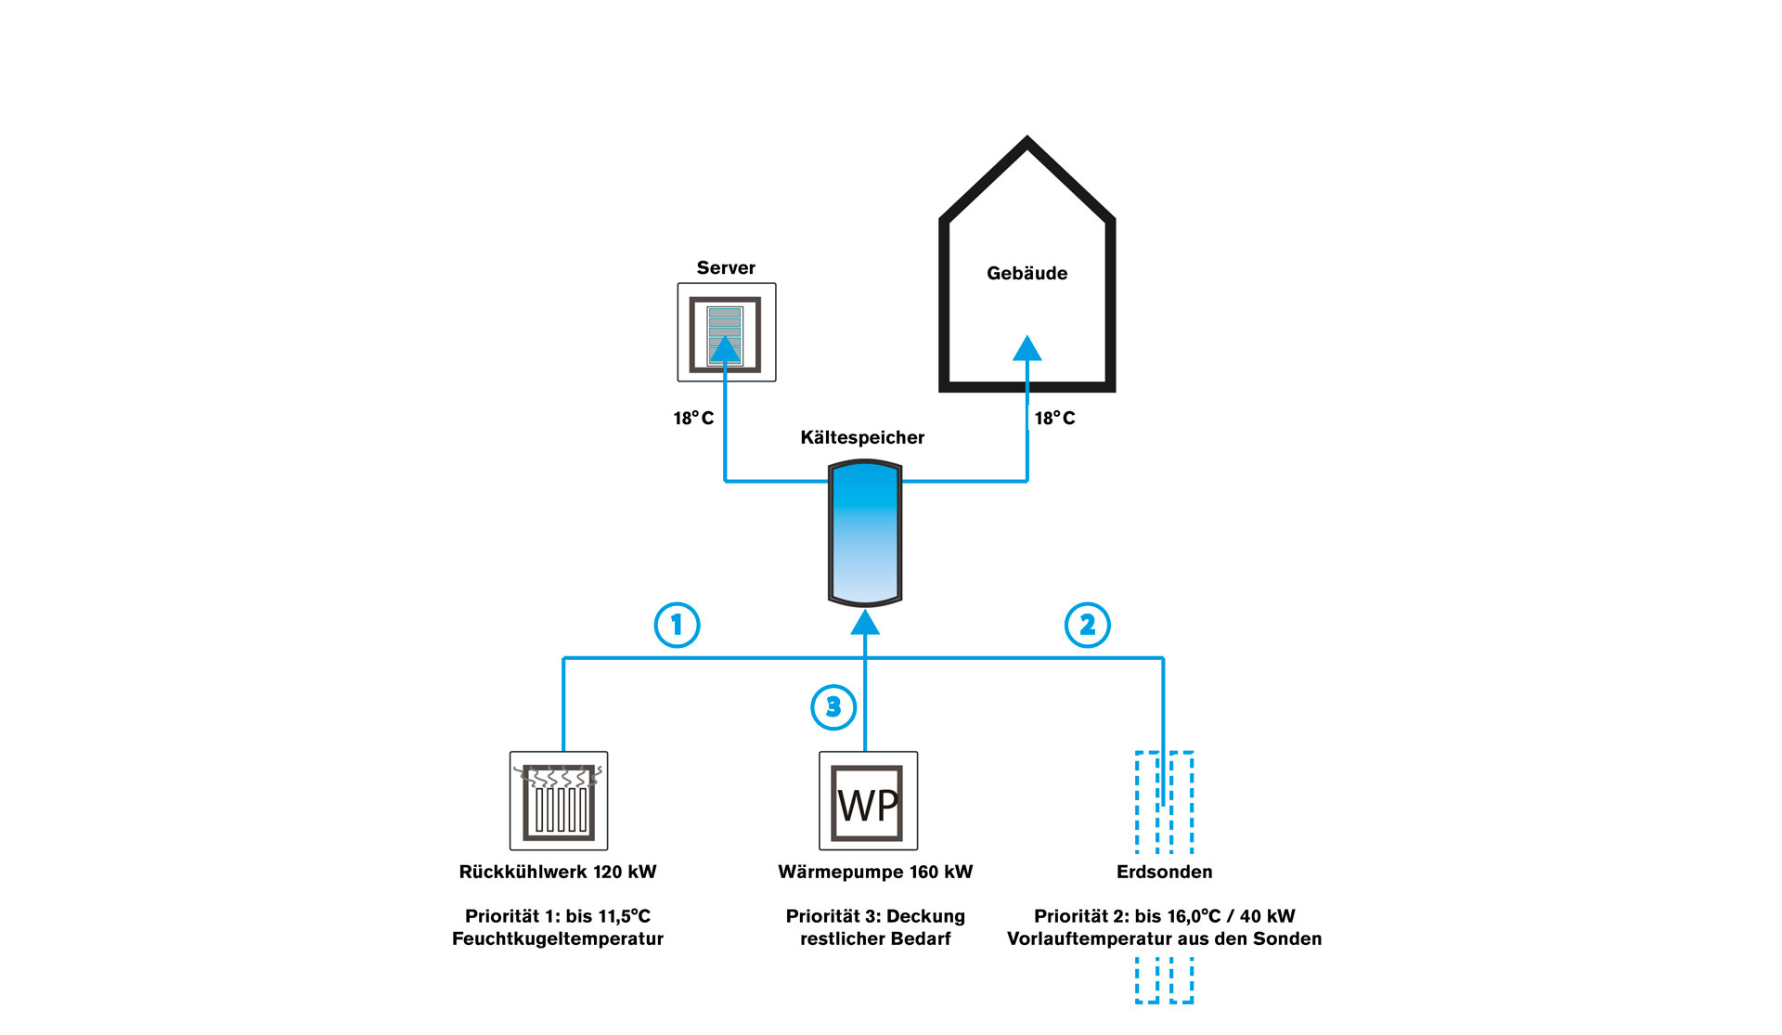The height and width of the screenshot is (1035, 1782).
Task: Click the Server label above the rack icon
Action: point(726,268)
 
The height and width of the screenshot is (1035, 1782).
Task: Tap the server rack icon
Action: point(726,332)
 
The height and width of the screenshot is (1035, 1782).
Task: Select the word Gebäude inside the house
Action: point(1027,274)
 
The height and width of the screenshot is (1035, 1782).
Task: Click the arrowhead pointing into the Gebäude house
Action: point(1027,348)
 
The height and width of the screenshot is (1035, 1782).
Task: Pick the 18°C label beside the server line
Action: point(693,419)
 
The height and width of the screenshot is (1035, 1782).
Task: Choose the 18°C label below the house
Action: point(1054,419)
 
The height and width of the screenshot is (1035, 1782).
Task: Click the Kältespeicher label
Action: point(862,438)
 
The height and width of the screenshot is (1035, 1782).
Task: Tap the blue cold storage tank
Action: point(865,534)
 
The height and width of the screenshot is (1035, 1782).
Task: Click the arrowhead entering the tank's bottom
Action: point(865,622)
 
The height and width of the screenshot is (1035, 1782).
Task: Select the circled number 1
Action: point(677,626)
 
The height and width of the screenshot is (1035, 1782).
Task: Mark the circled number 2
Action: point(1087,626)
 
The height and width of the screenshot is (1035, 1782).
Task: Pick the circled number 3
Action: point(833,707)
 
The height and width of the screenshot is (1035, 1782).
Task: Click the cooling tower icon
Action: point(559,801)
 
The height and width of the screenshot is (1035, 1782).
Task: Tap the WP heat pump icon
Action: point(868,801)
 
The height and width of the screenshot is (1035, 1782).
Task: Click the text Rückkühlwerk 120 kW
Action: point(558,873)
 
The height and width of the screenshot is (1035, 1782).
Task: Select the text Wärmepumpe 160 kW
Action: point(875,873)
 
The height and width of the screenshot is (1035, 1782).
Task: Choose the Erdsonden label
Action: point(1164,873)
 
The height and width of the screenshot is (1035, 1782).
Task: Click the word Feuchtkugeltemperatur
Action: point(558,939)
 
